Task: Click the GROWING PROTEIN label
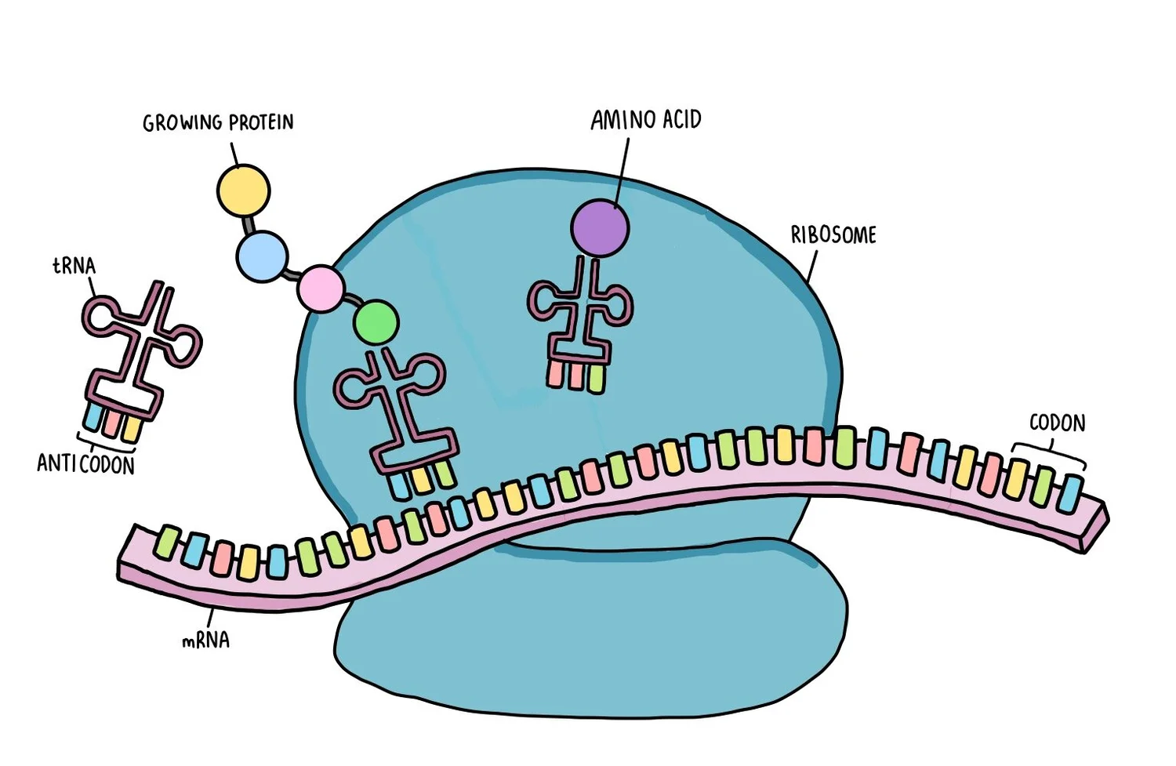[218, 123]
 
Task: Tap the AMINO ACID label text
[646, 120]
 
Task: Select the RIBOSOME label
[833, 234]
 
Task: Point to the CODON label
[1057, 423]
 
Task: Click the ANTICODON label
[85, 464]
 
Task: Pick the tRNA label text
[74, 266]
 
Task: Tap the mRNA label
[205, 641]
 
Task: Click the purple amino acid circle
[600, 228]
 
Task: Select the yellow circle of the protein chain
[243, 191]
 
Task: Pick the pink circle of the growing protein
[321, 289]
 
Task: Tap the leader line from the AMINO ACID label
[621, 169]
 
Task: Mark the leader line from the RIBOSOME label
[812, 267]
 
